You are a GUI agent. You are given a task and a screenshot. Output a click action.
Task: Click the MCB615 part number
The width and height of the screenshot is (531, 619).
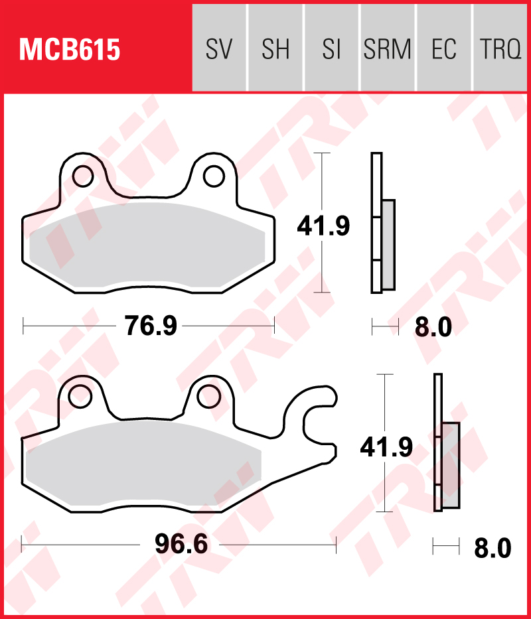[x=70, y=50]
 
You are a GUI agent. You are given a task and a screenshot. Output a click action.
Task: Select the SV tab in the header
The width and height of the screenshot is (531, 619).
[x=219, y=48]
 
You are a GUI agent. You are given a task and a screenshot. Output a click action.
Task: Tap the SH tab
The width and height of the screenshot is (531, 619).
[x=275, y=48]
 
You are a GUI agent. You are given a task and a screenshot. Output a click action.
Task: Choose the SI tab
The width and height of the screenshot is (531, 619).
[x=331, y=48]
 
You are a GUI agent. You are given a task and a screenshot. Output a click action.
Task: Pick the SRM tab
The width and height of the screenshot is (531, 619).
[x=388, y=48]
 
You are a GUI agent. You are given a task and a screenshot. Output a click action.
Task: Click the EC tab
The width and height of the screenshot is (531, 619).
[x=443, y=48]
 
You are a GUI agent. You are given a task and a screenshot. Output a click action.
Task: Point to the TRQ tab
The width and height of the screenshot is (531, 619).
[x=500, y=48]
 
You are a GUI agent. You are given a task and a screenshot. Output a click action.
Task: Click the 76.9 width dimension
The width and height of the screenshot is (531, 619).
[x=151, y=326]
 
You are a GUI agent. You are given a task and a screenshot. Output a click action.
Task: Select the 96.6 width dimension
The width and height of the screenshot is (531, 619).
[x=181, y=545]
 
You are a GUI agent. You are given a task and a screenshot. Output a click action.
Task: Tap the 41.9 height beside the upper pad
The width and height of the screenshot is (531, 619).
[x=323, y=227]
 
